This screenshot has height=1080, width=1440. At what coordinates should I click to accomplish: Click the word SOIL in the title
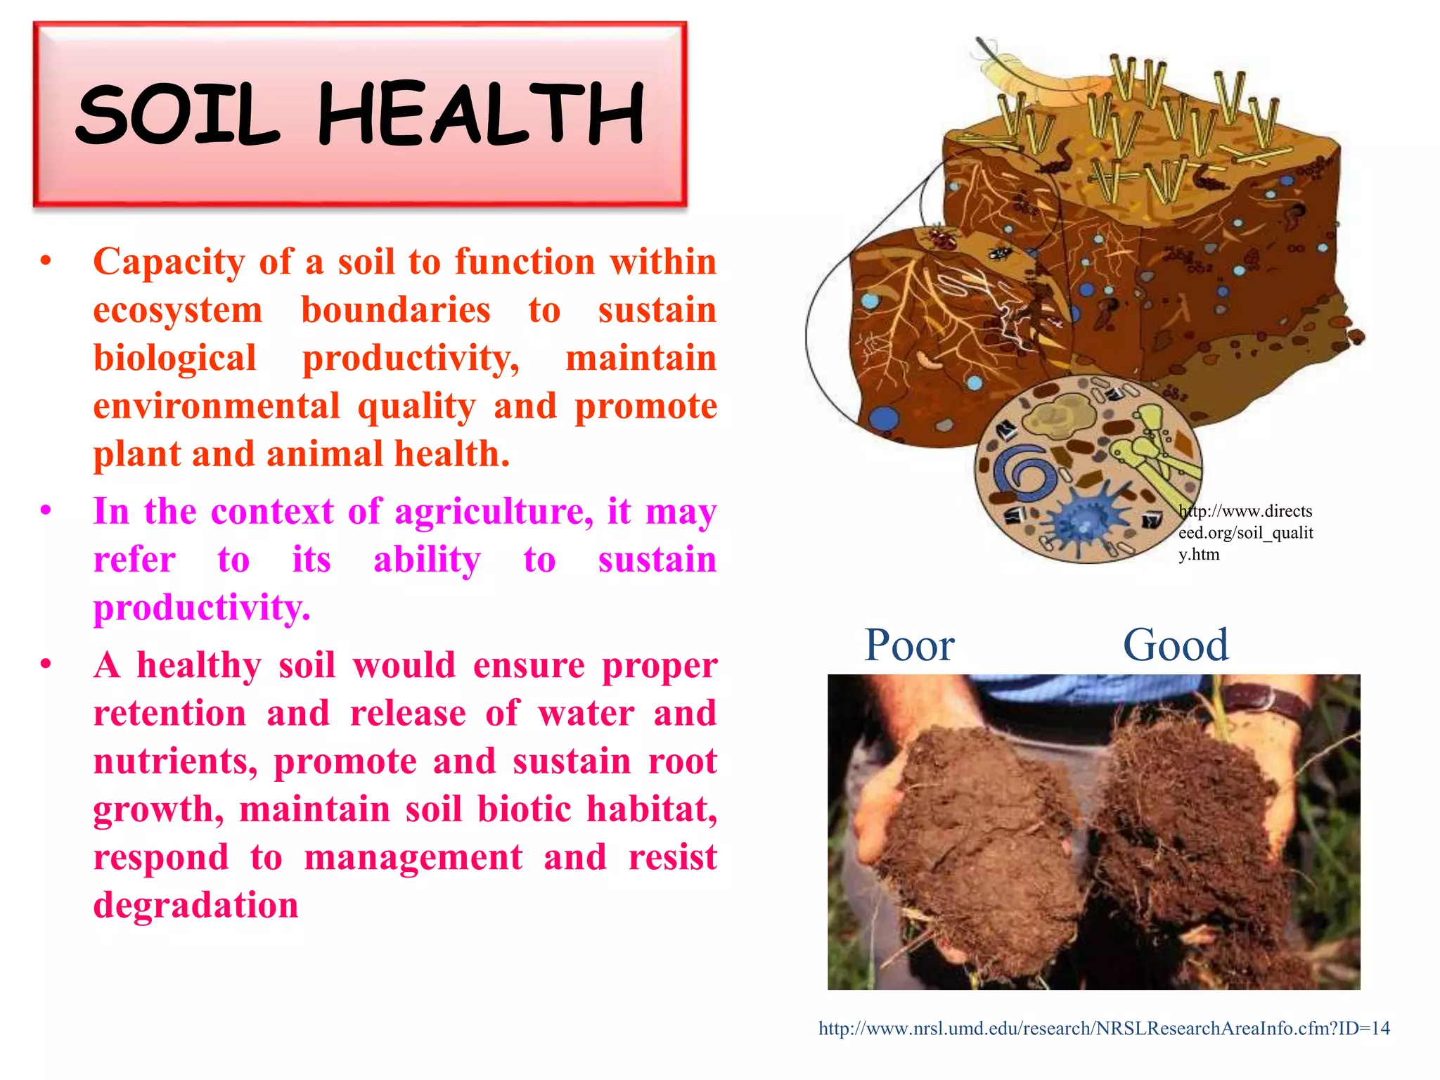click(x=177, y=115)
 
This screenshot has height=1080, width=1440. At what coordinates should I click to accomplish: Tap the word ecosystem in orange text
click(x=178, y=311)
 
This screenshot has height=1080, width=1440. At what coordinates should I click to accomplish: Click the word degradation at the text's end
click(x=196, y=906)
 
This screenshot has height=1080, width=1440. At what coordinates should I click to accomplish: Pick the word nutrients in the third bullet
click(x=175, y=761)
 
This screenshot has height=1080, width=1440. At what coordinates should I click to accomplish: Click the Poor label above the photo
click(x=908, y=645)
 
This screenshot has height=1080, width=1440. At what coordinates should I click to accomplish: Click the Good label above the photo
click(x=1176, y=645)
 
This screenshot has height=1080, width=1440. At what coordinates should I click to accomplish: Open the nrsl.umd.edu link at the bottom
click(x=1104, y=1029)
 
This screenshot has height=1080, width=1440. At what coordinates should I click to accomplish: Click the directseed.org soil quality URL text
click(x=1245, y=532)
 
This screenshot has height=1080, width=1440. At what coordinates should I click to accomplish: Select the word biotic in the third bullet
click(x=524, y=809)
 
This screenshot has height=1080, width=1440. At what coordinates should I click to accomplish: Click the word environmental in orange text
click(x=216, y=407)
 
